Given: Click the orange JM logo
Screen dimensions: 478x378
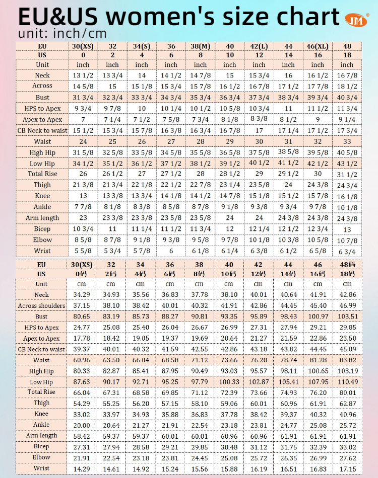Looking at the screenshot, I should click(x=356, y=19).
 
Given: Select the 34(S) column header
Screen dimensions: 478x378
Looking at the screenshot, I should click(x=142, y=46).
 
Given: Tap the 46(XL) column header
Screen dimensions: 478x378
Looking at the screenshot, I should click(x=318, y=46).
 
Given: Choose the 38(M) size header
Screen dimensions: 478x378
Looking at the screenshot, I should click(x=200, y=46).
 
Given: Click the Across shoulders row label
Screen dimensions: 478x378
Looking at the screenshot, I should click(x=41, y=305).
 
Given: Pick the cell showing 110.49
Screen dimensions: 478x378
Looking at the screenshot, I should click(x=347, y=382).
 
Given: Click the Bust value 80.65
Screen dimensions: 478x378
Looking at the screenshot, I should click(x=83, y=316).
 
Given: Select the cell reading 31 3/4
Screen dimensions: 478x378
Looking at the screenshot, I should click(x=83, y=97).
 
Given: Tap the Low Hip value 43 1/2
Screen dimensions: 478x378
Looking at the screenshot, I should click(x=347, y=164).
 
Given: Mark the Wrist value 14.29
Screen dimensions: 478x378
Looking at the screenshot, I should click(x=83, y=469).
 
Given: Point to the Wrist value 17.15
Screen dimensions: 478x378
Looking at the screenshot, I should click(x=347, y=469).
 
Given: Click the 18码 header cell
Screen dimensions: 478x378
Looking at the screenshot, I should click(x=347, y=274).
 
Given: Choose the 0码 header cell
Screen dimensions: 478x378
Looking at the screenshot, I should click(x=83, y=274).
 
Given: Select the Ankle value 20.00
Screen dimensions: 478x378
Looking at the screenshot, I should click(x=83, y=425).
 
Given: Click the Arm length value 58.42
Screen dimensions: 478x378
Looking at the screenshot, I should click(x=83, y=436).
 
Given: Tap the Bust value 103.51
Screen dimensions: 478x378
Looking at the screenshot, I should click(x=347, y=316).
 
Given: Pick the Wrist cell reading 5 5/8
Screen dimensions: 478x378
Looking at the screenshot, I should click(x=83, y=251).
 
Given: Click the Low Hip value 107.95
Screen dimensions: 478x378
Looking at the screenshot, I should click(x=318, y=382).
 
